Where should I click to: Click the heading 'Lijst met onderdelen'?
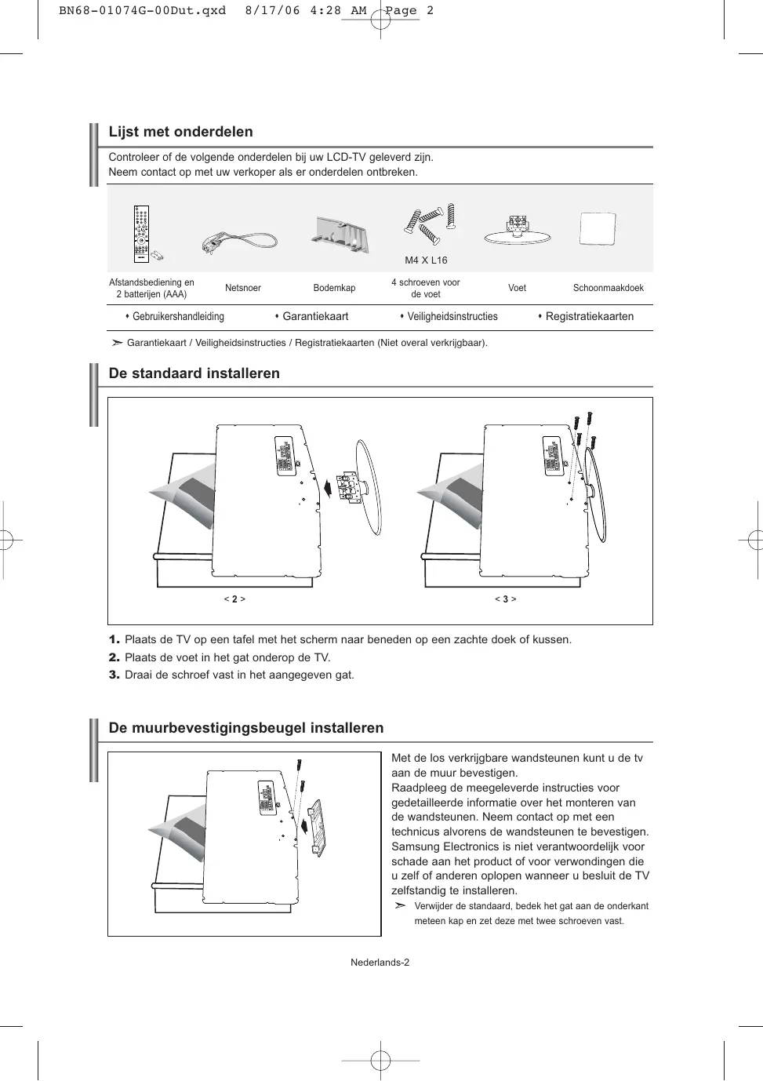[x=180, y=132]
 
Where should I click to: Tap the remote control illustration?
[x=142, y=234]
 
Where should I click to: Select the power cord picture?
[x=239, y=240]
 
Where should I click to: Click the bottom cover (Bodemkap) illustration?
[x=341, y=235]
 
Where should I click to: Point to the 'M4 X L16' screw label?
[x=426, y=260]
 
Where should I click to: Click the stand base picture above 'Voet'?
[x=517, y=231]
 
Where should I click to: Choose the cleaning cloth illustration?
[x=598, y=229]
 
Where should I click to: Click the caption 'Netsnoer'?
[x=243, y=288]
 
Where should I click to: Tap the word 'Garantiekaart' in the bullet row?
[x=315, y=317]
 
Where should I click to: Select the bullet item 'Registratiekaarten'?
[x=589, y=317]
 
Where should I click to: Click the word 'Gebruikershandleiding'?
[x=178, y=317]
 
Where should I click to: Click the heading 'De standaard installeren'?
[x=194, y=373]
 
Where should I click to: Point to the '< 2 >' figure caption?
[x=234, y=599]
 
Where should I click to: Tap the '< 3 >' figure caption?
[x=505, y=599]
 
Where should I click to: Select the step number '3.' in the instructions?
[x=114, y=675]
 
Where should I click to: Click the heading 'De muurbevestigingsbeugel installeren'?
[x=245, y=728]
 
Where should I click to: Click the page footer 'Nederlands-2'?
[x=380, y=963]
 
